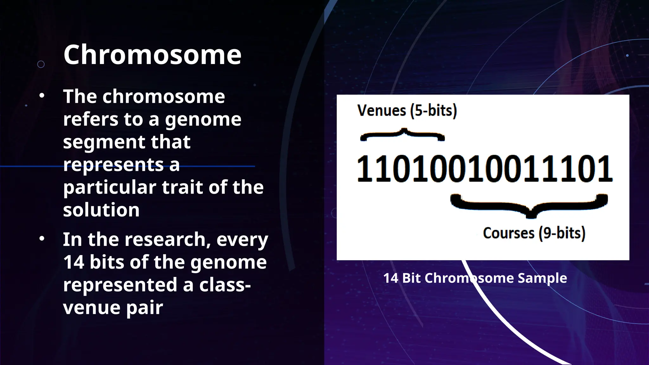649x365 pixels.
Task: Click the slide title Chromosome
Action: (152, 55)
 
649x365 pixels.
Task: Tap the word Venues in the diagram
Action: (382, 111)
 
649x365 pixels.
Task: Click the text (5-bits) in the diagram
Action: (434, 111)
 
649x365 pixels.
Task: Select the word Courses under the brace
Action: (509, 233)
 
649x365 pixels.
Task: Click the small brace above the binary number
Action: (403, 135)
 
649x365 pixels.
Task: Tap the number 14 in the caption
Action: (390, 278)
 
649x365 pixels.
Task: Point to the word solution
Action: (101, 210)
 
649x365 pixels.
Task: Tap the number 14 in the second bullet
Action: (74, 262)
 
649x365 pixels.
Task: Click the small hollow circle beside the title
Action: (41, 64)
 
